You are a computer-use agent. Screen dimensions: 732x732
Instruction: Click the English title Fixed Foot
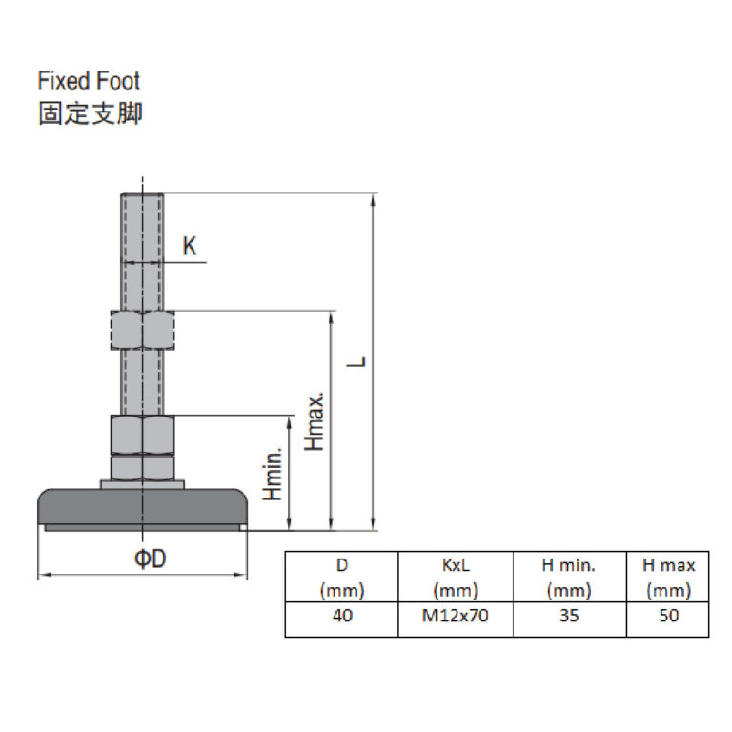(89, 80)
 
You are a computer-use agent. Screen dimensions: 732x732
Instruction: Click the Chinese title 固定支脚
(90, 114)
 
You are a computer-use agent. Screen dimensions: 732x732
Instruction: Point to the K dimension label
(190, 247)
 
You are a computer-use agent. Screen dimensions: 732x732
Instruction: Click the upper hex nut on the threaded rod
(141, 331)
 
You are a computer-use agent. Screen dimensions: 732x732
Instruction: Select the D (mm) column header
(342, 578)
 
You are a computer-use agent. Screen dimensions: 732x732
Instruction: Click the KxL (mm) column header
(455, 578)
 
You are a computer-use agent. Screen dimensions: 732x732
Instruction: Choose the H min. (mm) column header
(568, 578)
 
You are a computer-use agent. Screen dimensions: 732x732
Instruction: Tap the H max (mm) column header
(668, 578)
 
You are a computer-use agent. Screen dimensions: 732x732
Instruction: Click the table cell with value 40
(342, 616)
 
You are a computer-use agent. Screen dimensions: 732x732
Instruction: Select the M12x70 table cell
(455, 616)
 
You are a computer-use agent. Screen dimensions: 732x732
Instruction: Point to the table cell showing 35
(568, 616)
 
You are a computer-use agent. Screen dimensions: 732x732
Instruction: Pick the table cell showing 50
(668, 616)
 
